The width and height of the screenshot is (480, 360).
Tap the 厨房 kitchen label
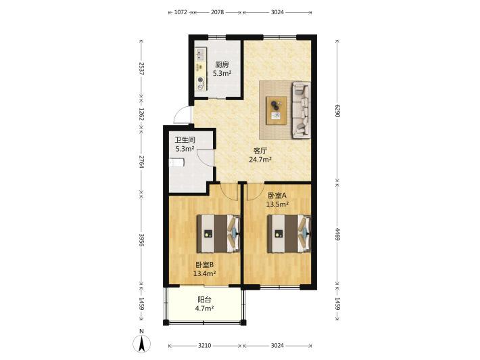pyautogui.click(x=222, y=65)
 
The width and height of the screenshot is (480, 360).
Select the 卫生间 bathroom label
pyautogui.click(x=185, y=140)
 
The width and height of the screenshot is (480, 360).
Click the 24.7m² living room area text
pyautogui.click(x=260, y=159)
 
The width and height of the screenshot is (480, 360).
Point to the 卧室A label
pyautogui.click(x=277, y=196)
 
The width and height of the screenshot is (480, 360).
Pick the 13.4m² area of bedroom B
pyautogui.click(x=205, y=273)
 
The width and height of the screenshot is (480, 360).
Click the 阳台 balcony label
pyautogui.click(x=204, y=300)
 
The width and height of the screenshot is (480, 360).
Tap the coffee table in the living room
pyautogui.click(x=277, y=110)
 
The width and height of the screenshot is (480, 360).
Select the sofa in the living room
pyautogui.click(x=302, y=110)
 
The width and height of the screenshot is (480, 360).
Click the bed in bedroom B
pyautogui.click(x=218, y=233)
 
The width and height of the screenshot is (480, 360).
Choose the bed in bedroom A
pyautogui.click(x=289, y=233)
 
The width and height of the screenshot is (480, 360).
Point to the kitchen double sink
pyautogui.click(x=201, y=55)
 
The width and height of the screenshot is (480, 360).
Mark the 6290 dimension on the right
pyautogui.click(x=337, y=111)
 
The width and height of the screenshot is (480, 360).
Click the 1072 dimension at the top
pyautogui.click(x=181, y=12)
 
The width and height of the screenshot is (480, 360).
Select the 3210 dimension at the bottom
pyautogui.click(x=204, y=346)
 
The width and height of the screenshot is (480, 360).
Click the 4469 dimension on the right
pyautogui.click(x=337, y=233)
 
